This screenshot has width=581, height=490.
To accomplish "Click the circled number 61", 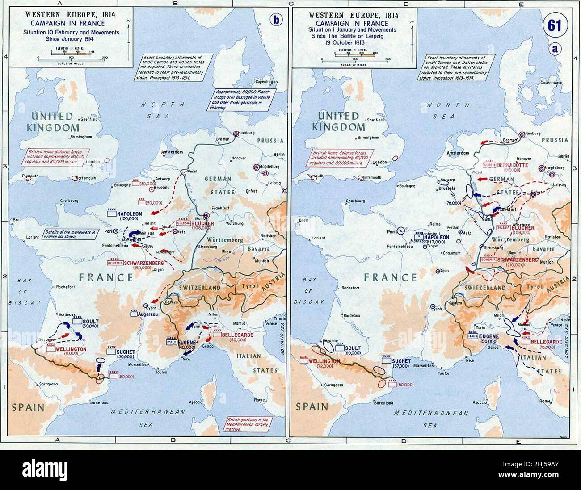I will [554, 26].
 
